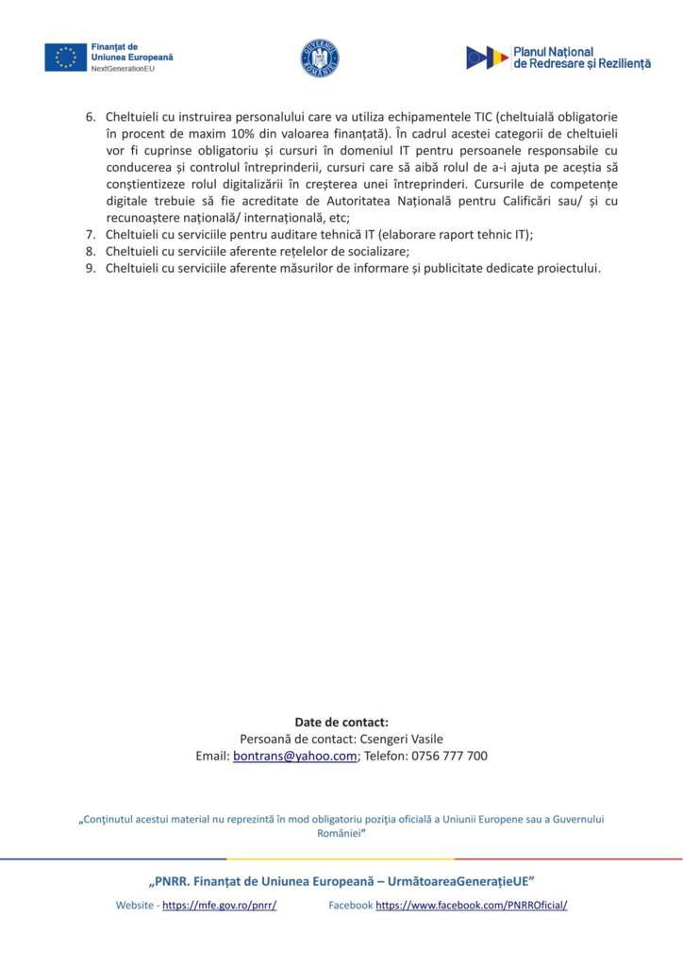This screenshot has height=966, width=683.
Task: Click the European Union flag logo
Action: click(x=65, y=58)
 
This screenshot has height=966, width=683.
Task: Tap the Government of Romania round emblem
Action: click(x=319, y=58)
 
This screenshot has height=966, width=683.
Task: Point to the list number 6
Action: click(x=92, y=116)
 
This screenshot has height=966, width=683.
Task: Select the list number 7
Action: click(x=92, y=234)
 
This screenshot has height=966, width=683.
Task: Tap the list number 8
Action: click(x=92, y=251)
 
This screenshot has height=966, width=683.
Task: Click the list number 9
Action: click(x=92, y=268)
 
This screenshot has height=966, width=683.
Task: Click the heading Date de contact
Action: click(x=341, y=723)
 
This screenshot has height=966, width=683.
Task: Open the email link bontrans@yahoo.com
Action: click(x=294, y=757)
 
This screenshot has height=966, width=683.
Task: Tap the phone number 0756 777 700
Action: click(x=449, y=757)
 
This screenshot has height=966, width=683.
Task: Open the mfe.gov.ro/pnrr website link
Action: click(x=219, y=906)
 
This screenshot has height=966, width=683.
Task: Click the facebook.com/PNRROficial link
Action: click(x=471, y=906)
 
